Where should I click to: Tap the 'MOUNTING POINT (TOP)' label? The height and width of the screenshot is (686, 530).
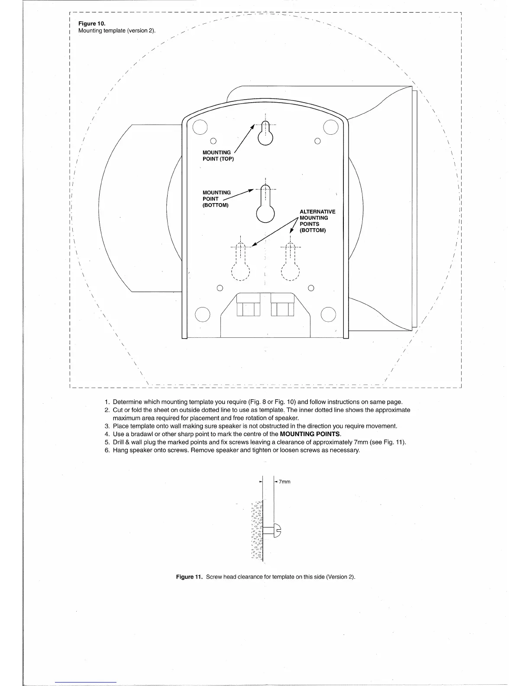point(218,155)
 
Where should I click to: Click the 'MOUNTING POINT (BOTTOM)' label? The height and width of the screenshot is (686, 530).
point(216,199)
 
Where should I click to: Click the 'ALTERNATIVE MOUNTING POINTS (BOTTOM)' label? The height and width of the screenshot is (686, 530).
point(317,221)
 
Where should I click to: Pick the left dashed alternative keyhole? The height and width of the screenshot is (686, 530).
point(241,264)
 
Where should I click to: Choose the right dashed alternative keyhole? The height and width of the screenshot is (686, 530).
point(291,264)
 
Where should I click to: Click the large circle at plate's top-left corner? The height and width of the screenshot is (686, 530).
point(200,127)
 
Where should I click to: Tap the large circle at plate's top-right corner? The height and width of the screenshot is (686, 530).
point(331,126)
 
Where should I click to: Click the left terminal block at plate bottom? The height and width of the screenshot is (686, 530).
point(248,305)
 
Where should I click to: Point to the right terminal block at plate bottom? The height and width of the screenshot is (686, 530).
point(282,305)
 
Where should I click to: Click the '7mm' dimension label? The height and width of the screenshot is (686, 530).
point(284,482)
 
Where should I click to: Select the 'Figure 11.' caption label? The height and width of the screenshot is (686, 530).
point(189,577)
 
